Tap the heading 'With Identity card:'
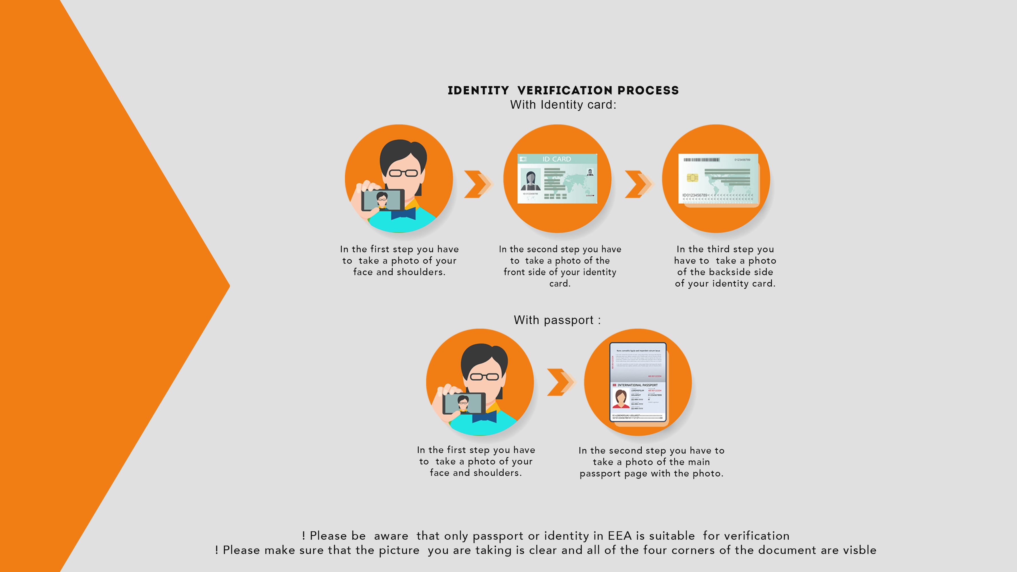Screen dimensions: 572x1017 pos(563,105)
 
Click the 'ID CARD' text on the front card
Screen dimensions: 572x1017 pos(556,159)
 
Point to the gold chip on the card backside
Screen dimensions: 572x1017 pos(692,178)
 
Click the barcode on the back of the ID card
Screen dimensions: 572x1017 pos(702,160)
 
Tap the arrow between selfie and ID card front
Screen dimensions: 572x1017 pos(477,184)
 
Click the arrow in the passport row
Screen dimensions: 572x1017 pos(561,382)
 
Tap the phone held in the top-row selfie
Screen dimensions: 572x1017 pos(382,200)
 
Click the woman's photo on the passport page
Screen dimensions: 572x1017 pos(621,399)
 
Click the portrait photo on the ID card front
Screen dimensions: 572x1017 pos(530,180)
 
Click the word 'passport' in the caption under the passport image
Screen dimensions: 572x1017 pos(600,473)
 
